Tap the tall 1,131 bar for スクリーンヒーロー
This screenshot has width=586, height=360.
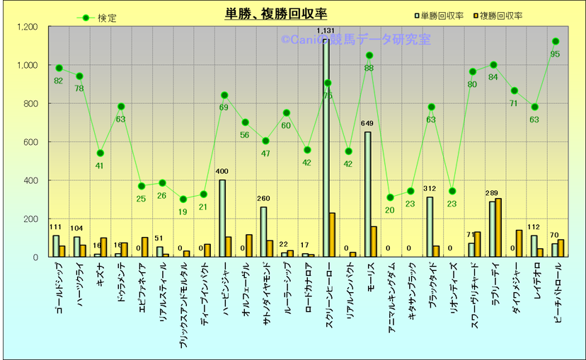[x=326, y=149]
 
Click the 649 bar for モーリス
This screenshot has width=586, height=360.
[x=367, y=194]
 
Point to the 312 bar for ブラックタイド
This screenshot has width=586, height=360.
[x=430, y=226]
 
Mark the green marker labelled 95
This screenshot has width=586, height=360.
[x=556, y=42]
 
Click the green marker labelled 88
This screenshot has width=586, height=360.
[x=369, y=55]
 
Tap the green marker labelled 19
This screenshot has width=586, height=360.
[x=183, y=199]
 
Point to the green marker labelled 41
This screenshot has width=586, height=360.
[x=100, y=153]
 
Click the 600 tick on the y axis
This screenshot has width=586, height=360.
[x=31, y=142]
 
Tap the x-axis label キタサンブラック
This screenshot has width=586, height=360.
[x=410, y=294]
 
